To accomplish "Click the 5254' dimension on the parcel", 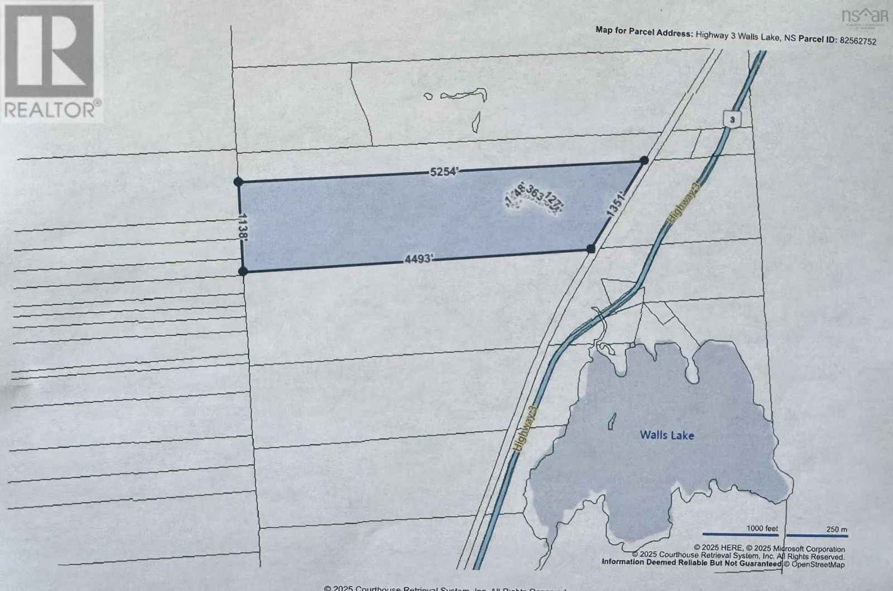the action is click(444, 172).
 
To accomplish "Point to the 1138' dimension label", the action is click(242, 227).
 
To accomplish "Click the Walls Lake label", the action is click(667, 435).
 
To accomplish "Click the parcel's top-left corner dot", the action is click(238, 182).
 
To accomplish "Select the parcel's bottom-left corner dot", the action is click(243, 271).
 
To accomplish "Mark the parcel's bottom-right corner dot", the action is click(591, 249).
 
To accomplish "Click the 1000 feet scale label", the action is click(762, 528).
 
